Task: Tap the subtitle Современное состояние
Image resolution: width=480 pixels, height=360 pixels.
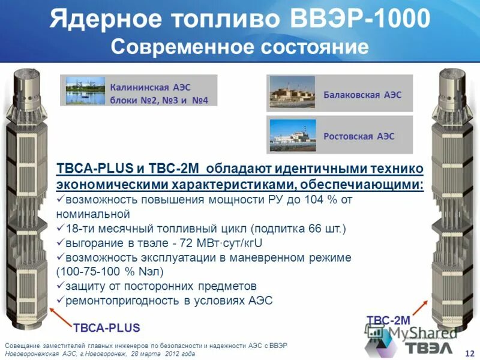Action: (239, 46)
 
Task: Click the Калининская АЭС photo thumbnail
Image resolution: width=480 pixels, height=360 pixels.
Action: (85, 91)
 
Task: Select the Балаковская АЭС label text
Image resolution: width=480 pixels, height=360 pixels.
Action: (362, 95)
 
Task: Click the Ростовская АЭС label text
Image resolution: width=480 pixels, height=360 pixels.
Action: (359, 136)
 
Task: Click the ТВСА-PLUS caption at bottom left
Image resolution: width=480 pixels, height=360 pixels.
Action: (106, 328)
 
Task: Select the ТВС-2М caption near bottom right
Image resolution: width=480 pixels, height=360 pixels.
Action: (388, 321)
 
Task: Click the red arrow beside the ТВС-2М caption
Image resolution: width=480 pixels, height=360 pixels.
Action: (423, 307)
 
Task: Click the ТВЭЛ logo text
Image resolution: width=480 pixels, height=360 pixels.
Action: (430, 348)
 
